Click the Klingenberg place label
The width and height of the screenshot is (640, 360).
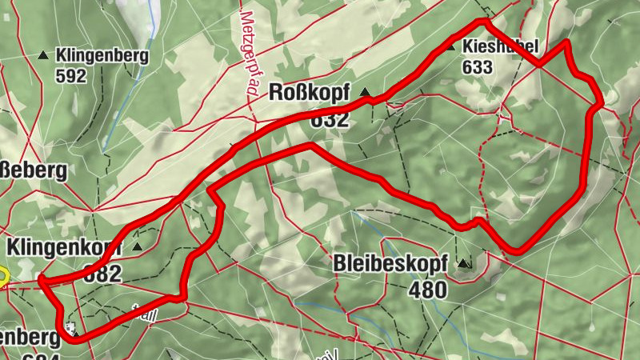(102, 56)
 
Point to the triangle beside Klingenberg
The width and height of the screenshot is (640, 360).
(43, 55)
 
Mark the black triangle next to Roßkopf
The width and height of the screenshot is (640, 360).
(366, 93)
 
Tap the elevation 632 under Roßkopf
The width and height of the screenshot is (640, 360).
(330, 120)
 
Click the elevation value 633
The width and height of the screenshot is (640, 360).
(477, 67)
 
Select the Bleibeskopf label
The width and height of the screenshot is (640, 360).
(390, 263)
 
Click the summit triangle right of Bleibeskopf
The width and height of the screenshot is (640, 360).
(463, 262)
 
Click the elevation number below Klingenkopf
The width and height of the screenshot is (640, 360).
(102, 273)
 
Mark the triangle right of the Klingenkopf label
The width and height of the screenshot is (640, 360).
(138, 246)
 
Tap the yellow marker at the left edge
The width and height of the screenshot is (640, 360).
(2, 277)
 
